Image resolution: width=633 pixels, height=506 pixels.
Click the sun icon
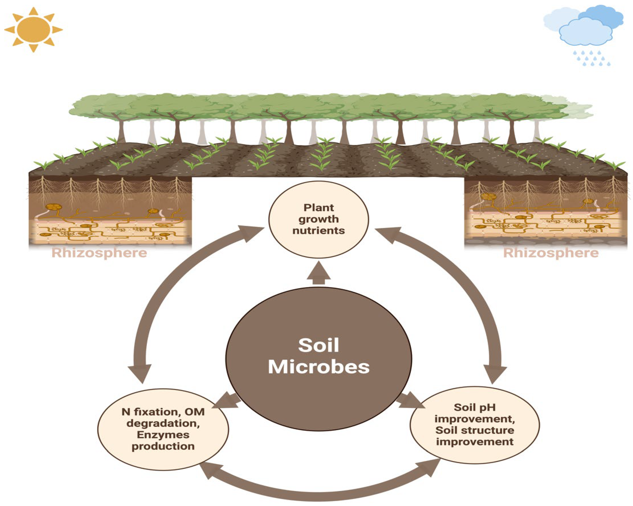[33, 29]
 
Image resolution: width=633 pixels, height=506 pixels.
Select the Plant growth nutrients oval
[319, 219]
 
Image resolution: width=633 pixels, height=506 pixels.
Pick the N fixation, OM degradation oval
[163, 429]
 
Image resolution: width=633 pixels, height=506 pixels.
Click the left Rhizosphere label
[99, 253]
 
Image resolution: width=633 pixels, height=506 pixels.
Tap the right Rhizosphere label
[551, 253]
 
